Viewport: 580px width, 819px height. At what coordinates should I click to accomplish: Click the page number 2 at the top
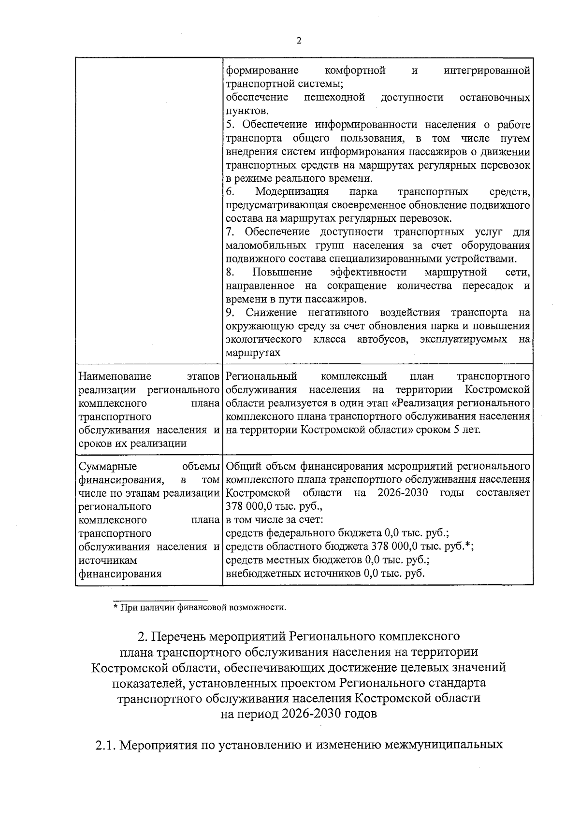[298, 41]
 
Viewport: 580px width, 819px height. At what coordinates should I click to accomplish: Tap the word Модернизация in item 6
[291, 192]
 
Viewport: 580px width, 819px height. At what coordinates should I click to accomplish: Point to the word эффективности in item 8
[368, 272]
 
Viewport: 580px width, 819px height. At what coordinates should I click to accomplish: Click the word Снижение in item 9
[271, 313]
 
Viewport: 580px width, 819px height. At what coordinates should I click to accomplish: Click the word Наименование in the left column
[114, 376]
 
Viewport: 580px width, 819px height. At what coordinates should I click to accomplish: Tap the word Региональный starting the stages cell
[261, 376]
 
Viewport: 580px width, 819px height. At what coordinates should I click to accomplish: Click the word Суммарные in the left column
[107, 467]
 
